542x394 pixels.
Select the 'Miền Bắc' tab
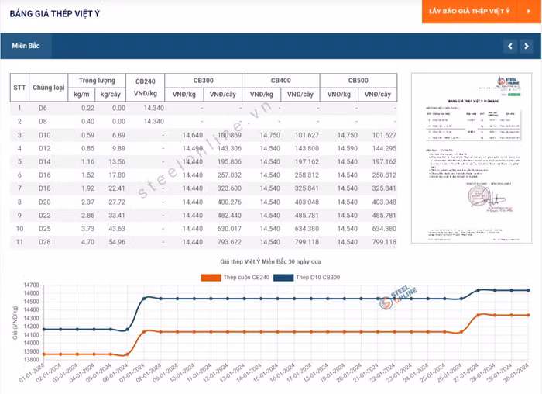tap(26, 46)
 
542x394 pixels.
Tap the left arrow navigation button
tap(509, 47)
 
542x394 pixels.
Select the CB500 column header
tap(358, 81)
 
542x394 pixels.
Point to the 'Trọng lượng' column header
tap(97, 81)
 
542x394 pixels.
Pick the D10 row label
tap(43, 135)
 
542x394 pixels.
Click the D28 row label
tap(43, 242)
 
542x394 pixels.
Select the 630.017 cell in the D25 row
tap(229, 229)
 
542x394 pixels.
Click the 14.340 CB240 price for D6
tap(153, 108)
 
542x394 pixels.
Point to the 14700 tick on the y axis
tap(31, 285)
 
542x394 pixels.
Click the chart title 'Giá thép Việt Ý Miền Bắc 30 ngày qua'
tap(269, 264)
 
